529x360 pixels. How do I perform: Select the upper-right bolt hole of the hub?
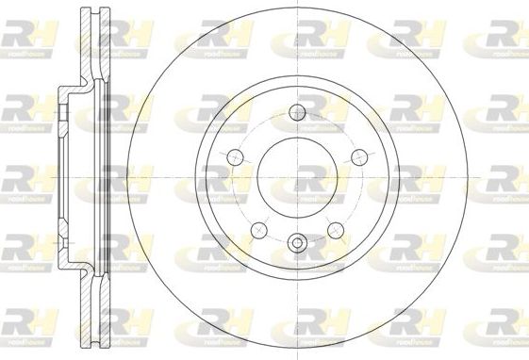[357, 155]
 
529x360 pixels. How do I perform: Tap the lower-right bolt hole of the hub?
[335, 227]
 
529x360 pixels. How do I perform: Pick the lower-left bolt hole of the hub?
[257, 227]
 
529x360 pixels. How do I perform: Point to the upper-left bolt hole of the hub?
[234, 155]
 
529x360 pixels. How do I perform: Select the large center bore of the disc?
[296, 178]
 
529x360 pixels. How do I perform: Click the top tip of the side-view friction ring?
[91, 11]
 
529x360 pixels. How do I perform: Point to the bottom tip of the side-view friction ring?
[91, 345]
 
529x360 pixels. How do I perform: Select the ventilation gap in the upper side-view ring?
[91, 47]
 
